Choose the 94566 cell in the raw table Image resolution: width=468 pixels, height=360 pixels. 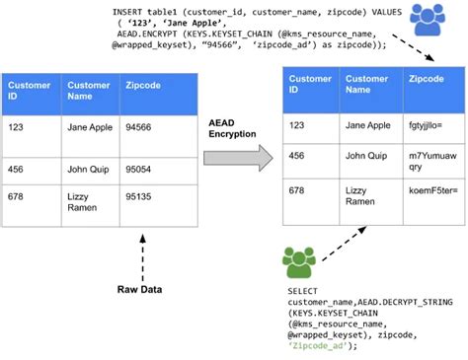138,127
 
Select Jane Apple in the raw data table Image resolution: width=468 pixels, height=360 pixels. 88,127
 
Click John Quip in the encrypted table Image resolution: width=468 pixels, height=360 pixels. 366,155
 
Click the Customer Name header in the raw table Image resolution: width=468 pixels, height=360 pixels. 89,92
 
